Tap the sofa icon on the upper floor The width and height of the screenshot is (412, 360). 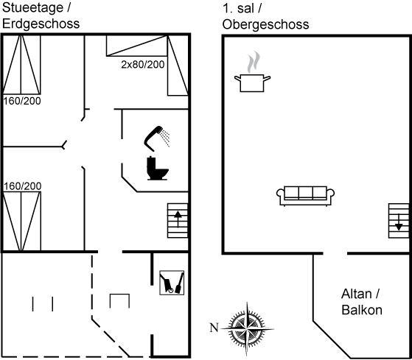pyautogui.click(x=305, y=196)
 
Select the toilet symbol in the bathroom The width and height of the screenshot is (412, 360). pyautogui.click(x=157, y=168)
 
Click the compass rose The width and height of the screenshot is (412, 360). pyautogui.click(x=247, y=328)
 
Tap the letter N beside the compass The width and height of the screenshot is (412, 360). pyautogui.click(x=214, y=328)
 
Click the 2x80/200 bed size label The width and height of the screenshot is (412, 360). pyautogui.click(x=143, y=65)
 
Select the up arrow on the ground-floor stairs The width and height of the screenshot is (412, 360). pyautogui.click(x=178, y=219)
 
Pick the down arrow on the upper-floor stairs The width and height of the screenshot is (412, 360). pyautogui.click(x=399, y=222)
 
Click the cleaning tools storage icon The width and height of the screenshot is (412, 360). pyautogui.click(x=172, y=283)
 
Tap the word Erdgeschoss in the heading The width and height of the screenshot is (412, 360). pyautogui.click(x=41, y=24)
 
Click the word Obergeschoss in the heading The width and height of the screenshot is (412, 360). pyautogui.click(x=265, y=24)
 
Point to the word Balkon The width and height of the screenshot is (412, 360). pyautogui.click(x=362, y=310)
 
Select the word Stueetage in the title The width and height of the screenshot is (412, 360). pyautogui.click(x=32, y=8)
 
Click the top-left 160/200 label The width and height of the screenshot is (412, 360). pyautogui.click(x=22, y=101)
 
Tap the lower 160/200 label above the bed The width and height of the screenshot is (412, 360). pyautogui.click(x=23, y=186)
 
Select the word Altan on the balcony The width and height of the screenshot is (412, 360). pyautogui.click(x=356, y=294)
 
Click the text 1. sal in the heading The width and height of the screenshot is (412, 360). pyautogui.click(x=238, y=8)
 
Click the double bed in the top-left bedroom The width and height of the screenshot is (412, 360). pyautogui.click(x=21, y=65)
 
